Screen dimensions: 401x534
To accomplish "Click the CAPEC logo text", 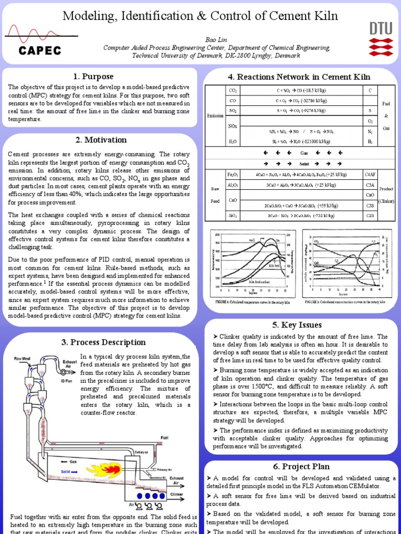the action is (41, 51).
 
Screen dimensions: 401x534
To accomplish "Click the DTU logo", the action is (381, 39).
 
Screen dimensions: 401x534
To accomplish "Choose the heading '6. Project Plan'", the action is (301, 466).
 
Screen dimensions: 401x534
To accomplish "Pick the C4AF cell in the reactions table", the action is (370, 174).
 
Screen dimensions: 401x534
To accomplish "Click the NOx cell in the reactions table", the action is (233, 126).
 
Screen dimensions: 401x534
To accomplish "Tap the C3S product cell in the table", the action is (370, 205).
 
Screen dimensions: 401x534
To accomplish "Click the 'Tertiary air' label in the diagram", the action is (143, 452).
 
